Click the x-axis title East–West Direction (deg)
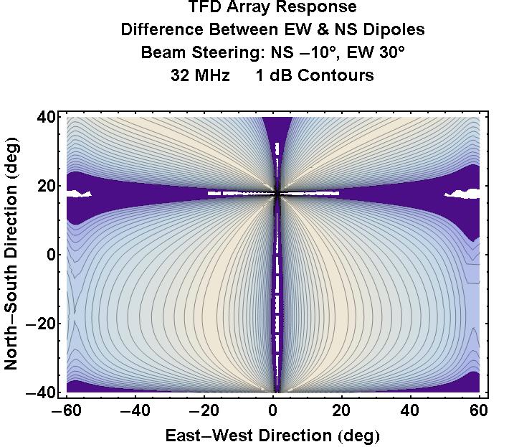[x=272, y=436]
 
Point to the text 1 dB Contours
[x=314, y=75]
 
